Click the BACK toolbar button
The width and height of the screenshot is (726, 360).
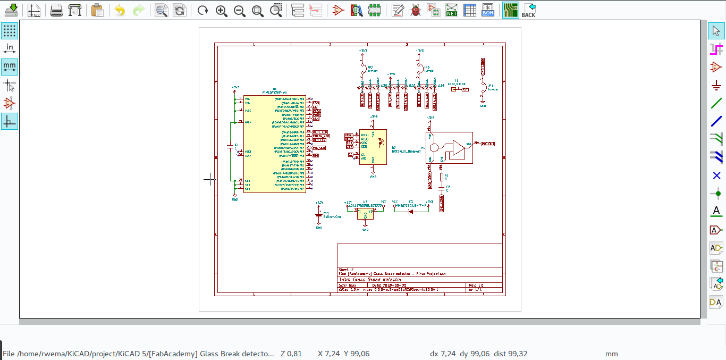528,10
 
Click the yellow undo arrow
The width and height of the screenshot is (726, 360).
120,10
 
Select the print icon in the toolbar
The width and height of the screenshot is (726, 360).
56,10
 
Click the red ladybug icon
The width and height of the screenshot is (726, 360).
416,10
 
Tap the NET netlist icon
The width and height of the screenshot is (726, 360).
452,10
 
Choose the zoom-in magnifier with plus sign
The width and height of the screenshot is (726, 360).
222,10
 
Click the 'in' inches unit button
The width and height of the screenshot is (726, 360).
10,48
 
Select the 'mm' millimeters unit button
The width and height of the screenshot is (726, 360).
10,66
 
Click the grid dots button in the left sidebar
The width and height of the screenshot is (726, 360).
10,30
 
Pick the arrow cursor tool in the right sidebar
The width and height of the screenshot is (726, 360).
716,30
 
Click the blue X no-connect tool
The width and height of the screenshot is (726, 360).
716,175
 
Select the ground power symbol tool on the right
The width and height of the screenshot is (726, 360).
716,85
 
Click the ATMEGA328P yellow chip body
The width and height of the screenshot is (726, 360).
274,144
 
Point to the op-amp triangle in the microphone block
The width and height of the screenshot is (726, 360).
458,149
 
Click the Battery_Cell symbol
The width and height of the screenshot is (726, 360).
319,215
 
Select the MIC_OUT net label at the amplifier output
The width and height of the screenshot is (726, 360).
488,144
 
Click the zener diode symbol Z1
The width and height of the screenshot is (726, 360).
410,211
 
